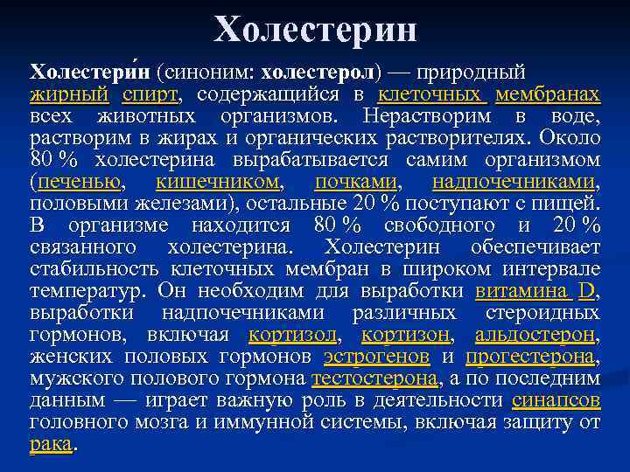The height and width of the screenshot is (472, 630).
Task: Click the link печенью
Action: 78,183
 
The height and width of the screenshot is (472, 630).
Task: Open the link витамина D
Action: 535,291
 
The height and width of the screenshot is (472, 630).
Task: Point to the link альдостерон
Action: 535,335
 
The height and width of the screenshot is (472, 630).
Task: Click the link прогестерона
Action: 529,357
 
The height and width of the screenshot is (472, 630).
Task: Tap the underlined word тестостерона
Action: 374,378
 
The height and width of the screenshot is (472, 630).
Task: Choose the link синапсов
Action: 556,400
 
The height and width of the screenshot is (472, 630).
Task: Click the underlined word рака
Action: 50,444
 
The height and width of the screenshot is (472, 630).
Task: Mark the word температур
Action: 87,291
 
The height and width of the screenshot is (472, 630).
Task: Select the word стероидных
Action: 547,313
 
